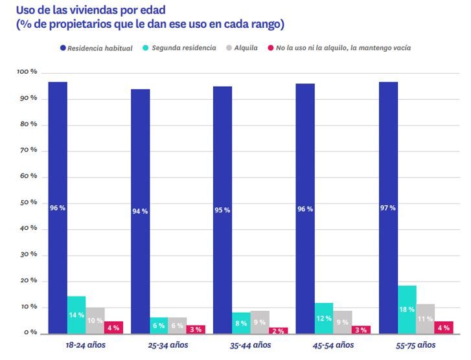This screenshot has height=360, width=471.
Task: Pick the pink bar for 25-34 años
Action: point(196,329)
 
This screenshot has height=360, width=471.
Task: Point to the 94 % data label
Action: point(140,211)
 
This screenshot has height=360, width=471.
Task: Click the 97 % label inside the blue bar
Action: point(388,208)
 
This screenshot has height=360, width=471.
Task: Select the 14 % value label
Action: point(76,315)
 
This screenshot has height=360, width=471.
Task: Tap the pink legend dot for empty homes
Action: point(270,49)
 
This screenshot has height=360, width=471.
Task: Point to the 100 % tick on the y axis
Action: point(27,73)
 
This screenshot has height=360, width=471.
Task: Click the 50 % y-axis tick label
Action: point(28,203)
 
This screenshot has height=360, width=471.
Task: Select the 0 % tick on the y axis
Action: point(30,333)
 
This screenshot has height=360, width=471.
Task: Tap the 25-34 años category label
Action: point(168,345)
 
